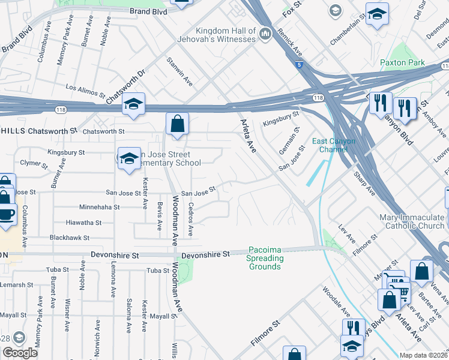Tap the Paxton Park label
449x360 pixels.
[402, 63]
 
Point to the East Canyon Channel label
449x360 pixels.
[334, 145]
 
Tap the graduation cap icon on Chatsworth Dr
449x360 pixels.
[134, 105]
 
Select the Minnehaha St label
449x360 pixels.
[100, 207]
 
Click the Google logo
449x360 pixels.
[20, 353]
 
